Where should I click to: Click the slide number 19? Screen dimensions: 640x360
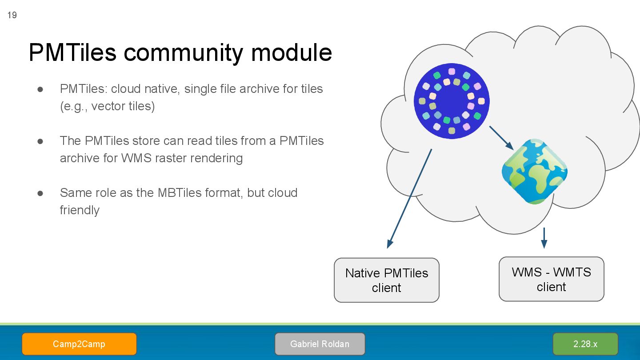pos(12,16)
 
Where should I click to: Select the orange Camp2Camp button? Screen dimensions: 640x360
pos(79,344)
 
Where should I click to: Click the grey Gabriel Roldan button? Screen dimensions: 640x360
pos(320,344)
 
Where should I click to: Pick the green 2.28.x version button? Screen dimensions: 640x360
pos(585,344)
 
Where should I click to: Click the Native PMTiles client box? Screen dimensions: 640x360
pos(387,280)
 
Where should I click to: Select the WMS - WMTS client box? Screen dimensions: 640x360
pos(551,279)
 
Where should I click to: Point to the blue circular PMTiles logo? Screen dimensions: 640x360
pos(452,101)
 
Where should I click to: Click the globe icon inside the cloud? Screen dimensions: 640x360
pos(534,172)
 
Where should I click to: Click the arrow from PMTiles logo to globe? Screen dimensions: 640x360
pos(501,138)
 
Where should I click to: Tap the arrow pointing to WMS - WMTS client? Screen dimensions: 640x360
pos(544,238)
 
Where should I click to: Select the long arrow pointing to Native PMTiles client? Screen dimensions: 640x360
pos(409,198)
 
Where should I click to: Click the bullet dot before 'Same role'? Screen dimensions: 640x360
pos(40,193)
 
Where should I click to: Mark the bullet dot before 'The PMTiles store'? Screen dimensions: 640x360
pos(40,141)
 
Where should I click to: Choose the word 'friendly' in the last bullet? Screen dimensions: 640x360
pos(80,210)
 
